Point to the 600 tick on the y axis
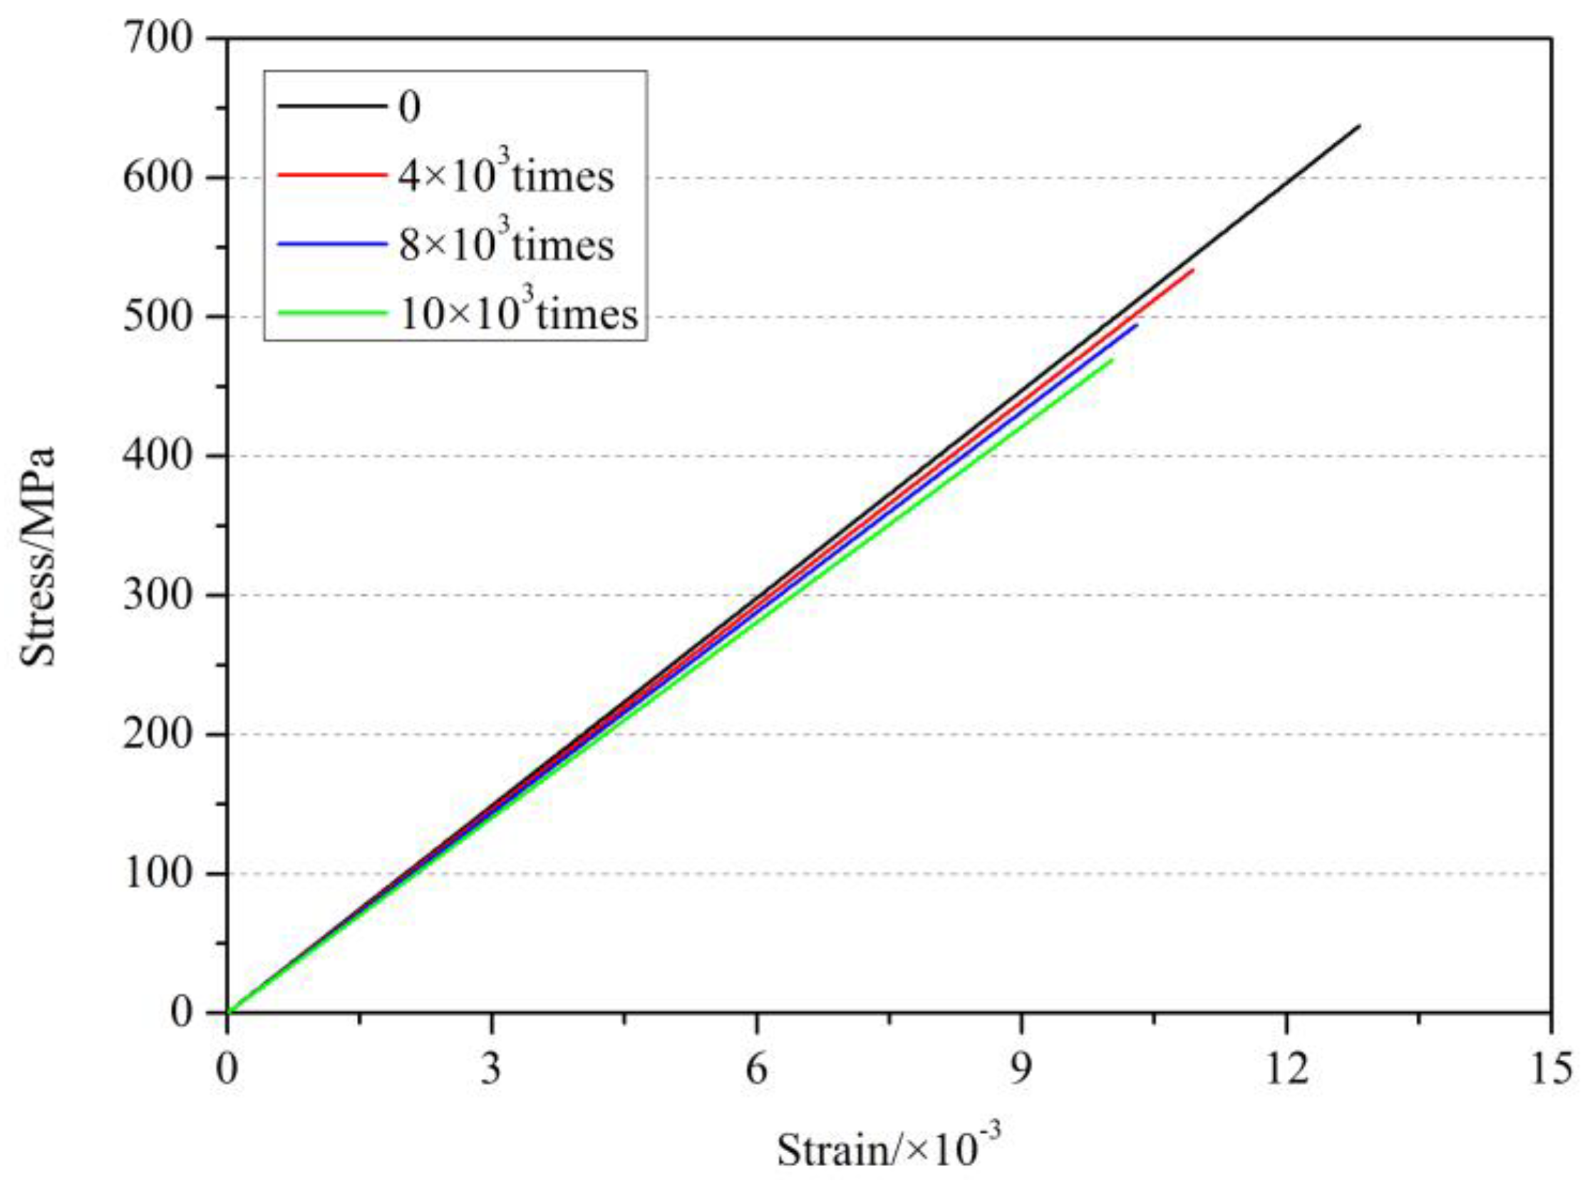click(158, 177)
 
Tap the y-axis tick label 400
click(158, 455)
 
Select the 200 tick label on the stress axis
click(158, 735)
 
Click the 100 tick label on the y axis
click(158, 874)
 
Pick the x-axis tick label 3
click(491, 1069)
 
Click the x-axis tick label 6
click(756, 1069)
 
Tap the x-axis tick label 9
click(1021, 1069)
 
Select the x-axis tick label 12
click(1286, 1069)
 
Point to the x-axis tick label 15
click(1551, 1069)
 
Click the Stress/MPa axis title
click(37, 557)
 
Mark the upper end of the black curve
click(1359, 126)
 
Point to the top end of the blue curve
click(1137, 325)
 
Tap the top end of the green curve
click(1112, 360)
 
